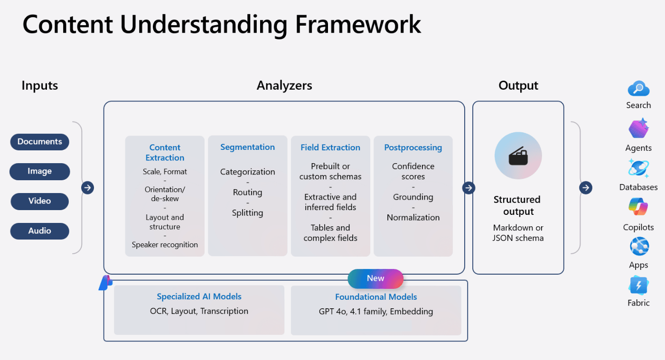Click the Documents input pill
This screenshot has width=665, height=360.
click(40, 141)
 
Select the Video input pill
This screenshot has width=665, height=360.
click(40, 201)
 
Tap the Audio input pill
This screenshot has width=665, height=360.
click(40, 231)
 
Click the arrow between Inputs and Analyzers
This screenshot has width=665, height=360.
click(87, 188)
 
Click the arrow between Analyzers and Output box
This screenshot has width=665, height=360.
click(468, 188)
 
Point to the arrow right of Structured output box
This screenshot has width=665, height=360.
click(586, 188)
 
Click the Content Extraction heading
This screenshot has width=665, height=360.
click(165, 153)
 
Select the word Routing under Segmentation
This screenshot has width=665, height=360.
click(247, 192)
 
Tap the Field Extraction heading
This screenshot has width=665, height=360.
click(330, 148)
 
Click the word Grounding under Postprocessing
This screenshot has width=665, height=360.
click(413, 197)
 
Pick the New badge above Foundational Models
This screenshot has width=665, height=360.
click(375, 278)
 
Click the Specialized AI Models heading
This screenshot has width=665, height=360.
click(199, 296)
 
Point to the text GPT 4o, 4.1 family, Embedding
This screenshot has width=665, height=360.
click(375, 312)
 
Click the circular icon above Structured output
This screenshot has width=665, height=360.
click(518, 156)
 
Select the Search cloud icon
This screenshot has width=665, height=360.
click(638, 89)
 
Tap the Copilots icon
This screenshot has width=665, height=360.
click(638, 207)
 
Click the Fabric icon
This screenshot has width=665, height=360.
click(638, 285)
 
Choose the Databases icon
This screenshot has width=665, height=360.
click(638, 168)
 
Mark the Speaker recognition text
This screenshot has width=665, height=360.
click(165, 245)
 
